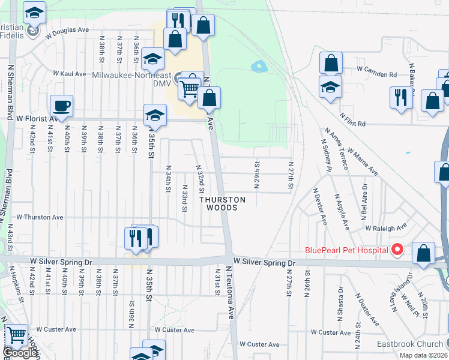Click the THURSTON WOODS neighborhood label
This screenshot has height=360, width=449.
[x=223, y=203]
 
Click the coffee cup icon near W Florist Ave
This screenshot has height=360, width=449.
[x=62, y=107]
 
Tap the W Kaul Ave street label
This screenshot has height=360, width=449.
[x=70, y=73]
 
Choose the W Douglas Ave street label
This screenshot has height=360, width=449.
[x=71, y=29]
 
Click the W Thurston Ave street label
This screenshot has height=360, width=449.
[x=40, y=217]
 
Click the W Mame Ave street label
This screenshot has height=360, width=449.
[x=362, y=161]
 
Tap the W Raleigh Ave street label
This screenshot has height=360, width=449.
[x=386, y=228]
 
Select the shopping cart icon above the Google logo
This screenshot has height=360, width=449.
[x=16, y=335]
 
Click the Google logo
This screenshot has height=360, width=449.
[x=19, y=353]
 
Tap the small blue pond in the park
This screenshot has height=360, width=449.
[x=259, y=65]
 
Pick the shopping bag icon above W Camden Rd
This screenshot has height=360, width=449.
[x=331, y=63]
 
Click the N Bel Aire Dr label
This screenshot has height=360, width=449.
[x=364, y=193]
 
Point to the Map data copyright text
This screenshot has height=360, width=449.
[x=423, y=355]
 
